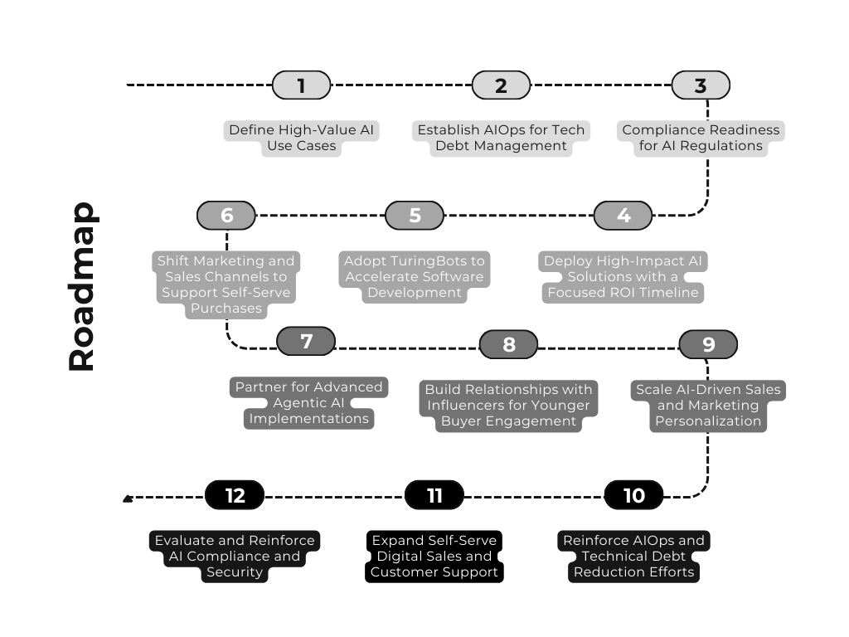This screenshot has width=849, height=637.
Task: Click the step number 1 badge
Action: click(301, 85)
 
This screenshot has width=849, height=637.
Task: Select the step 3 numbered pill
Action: click(701, 85)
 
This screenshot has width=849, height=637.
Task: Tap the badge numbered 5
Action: click(415, 216)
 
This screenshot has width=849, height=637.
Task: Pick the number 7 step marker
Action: click(306, 341)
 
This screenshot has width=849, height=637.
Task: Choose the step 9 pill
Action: click(708, 344)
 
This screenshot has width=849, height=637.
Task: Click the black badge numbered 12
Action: click(235, 495)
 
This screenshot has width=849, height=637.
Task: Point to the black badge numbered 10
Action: click(633, 495)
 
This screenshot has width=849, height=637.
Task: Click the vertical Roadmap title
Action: click(82, 286)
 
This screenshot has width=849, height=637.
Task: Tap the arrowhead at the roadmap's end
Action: click(127, 498)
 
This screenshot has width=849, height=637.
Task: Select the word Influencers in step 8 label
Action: click(465, 405)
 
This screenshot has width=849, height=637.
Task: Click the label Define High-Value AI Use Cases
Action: click(302, 138)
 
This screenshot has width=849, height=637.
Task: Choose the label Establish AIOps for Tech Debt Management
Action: click(501, 138)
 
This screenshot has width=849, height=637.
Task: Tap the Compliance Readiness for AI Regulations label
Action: click(701, 138)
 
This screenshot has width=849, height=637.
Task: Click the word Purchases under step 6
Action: click(226, 309)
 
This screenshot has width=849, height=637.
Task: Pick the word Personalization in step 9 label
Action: click(708, 421)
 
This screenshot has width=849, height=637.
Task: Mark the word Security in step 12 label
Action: click(235, 572)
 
